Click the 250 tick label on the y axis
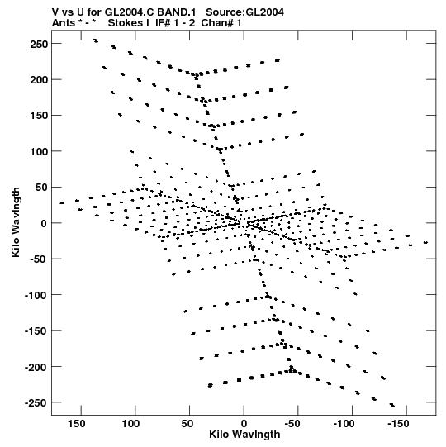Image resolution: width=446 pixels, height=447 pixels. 39,44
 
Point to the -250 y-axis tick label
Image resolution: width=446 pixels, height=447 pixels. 36,402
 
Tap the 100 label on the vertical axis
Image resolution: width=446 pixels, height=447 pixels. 39,151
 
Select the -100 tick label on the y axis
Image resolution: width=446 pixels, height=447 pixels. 36,295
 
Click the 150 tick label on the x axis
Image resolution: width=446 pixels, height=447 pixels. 76,424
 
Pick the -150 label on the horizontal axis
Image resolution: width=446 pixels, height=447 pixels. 398,424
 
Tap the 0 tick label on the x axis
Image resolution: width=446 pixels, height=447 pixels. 244,424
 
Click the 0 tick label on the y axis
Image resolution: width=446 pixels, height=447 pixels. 44,223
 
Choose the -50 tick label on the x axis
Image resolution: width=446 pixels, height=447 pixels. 292,424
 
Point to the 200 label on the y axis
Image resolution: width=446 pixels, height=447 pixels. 39,80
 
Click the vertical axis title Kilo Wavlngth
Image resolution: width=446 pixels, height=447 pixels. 16,222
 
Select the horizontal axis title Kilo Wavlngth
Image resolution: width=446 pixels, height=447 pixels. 244,435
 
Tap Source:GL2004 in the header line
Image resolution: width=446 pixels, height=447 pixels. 244,12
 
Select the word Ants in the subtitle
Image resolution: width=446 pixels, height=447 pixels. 64,23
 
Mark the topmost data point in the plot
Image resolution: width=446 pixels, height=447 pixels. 96,40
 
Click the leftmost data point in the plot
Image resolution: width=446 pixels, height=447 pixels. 62,203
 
